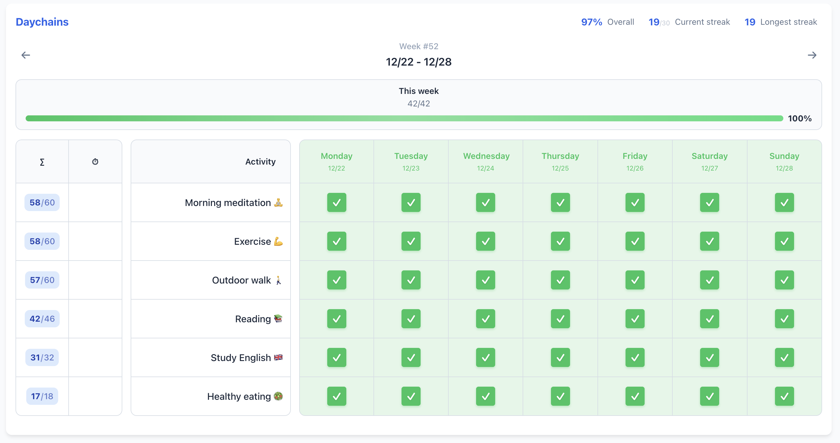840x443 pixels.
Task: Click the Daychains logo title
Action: click(x=42, y=22)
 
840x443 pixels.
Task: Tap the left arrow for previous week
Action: click(x=26, y=55)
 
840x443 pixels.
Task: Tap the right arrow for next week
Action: click(x=812, y=55)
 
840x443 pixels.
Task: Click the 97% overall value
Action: click(x=591, y=22)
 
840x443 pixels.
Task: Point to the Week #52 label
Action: click(x=419, y=46)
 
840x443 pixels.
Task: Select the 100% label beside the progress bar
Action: click(x=799, y=118)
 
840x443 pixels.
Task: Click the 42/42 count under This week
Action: click(x=419, y=104)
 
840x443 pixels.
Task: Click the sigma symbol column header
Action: click(x=42, y=162)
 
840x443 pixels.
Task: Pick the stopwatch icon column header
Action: click(x=95, y=162)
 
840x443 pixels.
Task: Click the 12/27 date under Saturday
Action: click(x=710, y=168)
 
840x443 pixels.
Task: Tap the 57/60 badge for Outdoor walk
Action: click(x=42, y=280)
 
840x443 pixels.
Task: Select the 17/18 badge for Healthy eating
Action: click(x=42, y=396)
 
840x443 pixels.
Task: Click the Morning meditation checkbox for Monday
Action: click(x=336, y=202)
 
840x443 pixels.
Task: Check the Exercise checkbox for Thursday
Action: click(x=560, y=241)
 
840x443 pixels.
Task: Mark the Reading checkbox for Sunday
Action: click(x=784, y=319)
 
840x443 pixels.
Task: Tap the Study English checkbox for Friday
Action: click(x=635, y=358)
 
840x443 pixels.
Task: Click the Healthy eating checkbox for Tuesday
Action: click(x=411, y=396)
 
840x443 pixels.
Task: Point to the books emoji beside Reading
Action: click(x=278, y=318)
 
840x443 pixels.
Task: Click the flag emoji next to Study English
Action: click(x=278, y=357)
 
